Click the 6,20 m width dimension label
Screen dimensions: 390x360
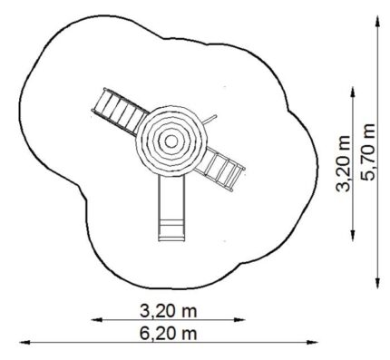(169, 334)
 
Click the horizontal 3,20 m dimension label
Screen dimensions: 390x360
(169, 311)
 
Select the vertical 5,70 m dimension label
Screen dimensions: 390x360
(368, 152)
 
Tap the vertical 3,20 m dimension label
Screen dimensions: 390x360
(343, 163)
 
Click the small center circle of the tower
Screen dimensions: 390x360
(171, 141)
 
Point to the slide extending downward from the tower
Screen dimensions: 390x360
(171, 208)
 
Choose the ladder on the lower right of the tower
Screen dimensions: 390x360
(220, 169)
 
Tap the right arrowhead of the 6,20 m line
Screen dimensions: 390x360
(313, 343)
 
